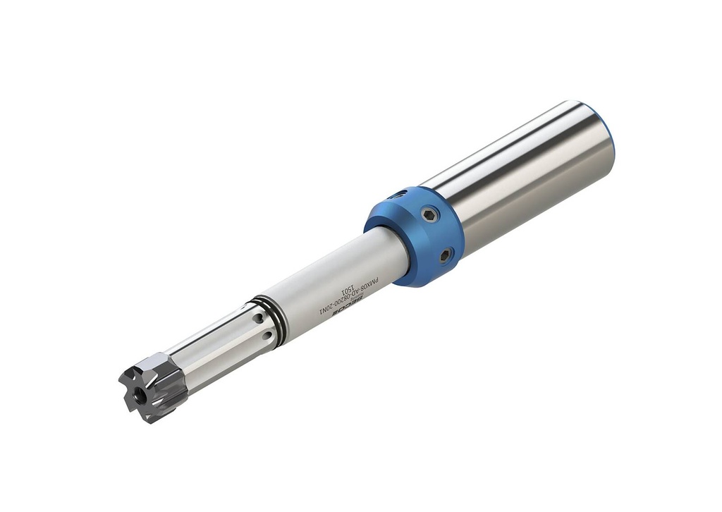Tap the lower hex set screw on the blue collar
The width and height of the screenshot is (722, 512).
click(x=446, y=255)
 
